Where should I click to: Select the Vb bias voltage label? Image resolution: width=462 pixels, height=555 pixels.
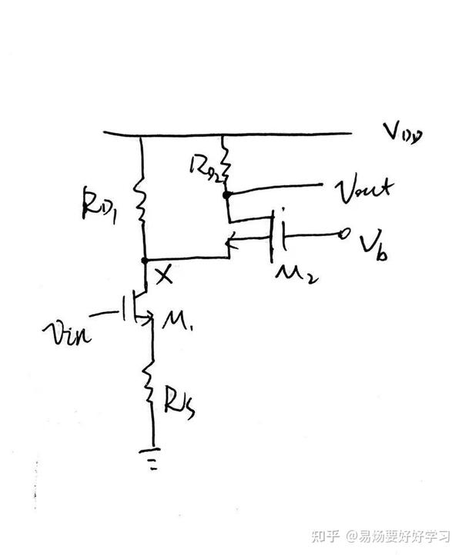pos(373,244)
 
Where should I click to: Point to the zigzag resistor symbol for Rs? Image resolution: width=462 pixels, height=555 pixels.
pos(150,384)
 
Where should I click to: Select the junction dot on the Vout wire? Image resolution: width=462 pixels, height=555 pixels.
pos(226,195)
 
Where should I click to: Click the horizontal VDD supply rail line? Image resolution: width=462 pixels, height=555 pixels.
pos(231,135)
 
